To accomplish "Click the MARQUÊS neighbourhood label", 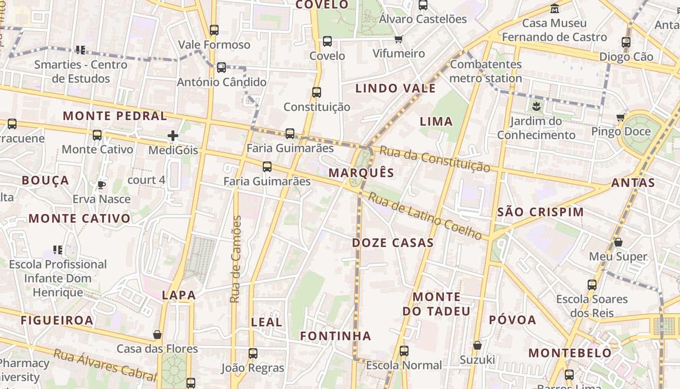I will point(361,173).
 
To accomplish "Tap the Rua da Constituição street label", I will point(434,159).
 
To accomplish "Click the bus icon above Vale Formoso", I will point(214,30).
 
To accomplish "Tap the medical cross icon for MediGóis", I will point(172,136).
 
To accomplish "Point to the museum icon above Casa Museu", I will point(555,8).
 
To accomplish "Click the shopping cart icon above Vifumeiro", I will point(399,39).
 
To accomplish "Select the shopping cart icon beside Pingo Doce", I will point(620,117).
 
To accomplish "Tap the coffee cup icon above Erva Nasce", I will point(101,185).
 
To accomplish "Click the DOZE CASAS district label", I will point(392,243).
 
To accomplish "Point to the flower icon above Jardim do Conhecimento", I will point(536,106).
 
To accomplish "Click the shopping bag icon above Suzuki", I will point(477,345).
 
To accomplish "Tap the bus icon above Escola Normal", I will point(404,351).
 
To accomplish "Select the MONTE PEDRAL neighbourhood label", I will point(115,116).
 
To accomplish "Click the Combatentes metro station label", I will point(486,71).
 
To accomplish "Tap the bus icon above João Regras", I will point(253,354).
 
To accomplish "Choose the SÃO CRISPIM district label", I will point(541,212).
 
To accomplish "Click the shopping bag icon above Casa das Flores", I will point(157,335).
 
